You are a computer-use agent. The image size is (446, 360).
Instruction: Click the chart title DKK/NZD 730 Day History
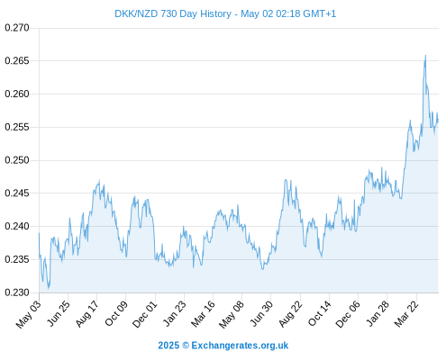(x=173, y=13)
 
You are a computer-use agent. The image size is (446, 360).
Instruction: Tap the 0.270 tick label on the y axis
(x=17, y=28)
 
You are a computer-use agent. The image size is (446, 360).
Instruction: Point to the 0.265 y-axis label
(x=17, y=61)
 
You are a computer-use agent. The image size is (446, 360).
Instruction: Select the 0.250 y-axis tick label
(x=17, y=160)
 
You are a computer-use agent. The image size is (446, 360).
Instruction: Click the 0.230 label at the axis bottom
(x=17, y=292)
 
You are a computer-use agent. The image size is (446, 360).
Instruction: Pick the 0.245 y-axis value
(x=17, y=193)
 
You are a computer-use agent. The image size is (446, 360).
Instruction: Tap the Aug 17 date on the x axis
(x=86, y=314)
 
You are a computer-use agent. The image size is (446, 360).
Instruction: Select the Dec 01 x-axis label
(x=145, y=314)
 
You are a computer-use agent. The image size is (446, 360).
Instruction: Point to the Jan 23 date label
(x=174, y=314)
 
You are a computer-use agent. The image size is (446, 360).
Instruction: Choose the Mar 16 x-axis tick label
(x=203, y=314)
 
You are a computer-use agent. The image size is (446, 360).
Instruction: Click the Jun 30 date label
(x=261, y=314)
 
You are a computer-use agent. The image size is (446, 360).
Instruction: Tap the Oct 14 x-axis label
(x=320, y=314)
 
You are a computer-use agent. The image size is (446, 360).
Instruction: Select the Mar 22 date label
(x=406, y=314)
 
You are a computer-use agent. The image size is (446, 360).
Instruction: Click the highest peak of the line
(x=425, y=55)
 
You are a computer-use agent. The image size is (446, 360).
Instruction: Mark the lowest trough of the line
(x=49, y=289)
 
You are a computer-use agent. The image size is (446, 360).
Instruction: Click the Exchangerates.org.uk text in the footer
(x=240, y=346)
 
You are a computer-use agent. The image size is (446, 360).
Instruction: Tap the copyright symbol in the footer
(x=186, y=346)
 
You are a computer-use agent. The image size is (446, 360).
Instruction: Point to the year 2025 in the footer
(x=168, y=346)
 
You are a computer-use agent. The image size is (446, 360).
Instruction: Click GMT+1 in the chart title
(x=320, y=13)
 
